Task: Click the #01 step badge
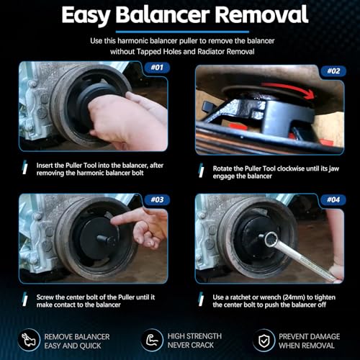click(157, 68)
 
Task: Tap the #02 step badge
click(333, 71)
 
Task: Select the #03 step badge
click(157, 199)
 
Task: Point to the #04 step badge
click(333, 199)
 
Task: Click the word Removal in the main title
click(261, 14)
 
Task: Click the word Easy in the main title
click(86, 16)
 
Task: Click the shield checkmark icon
click(264, 341)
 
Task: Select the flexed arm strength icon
click(153, 341)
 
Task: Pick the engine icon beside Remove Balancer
click(29, 340)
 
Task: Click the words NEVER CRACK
click(191, 346)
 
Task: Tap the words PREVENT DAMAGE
click(309, 337)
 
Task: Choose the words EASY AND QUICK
click(73, 346)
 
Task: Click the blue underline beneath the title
click(182, 32)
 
